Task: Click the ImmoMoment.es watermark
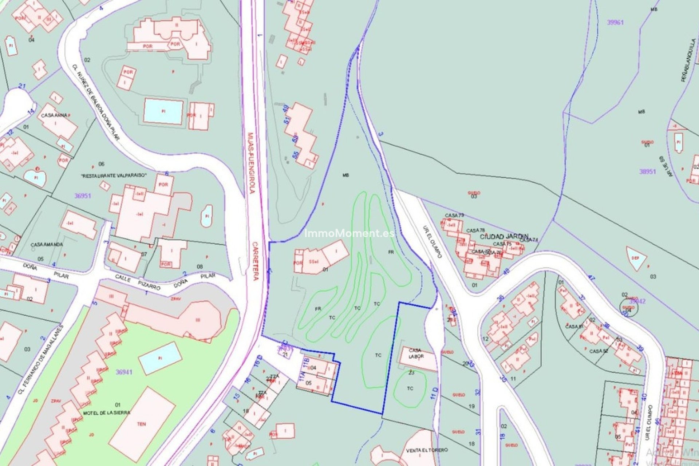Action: tap(349, 233)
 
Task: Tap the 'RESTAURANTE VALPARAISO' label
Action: tap(114, 175)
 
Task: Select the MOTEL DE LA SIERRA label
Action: tap(107, 413)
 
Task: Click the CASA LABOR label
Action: tap(415, 354)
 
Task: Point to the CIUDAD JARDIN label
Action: tap(504, 237)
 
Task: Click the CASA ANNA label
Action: tap(54, 115)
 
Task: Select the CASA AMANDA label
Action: tap(47, 244)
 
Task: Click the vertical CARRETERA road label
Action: tap(255, 261)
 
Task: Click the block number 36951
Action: tap(83, 196)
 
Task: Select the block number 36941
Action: tap(124, 372)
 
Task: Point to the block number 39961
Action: tap(615, 22)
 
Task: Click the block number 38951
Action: tap(647, 171)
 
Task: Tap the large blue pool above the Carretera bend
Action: tap(163, 111)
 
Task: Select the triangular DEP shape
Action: tap(635, 257)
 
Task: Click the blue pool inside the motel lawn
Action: tap(160, 358)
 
